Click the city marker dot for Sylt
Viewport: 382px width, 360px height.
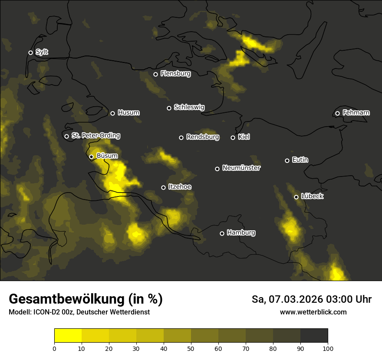click(x=30, y=53)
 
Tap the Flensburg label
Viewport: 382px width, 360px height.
click(x=175, y=74)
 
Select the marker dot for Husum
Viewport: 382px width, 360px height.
click(x=112, y=113)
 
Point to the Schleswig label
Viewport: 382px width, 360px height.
click(x=189, y=107)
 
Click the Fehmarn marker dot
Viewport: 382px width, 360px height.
click(x=337, y=114)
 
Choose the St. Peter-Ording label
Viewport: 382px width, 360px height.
click(x=95, y=136)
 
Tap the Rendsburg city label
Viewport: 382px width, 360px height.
click(x=202, y=137)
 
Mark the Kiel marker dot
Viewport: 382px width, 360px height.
click(x=233, y=137)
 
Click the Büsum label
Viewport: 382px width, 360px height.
click(x=107, y=156)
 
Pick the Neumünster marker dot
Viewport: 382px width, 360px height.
click(x=217, y=169)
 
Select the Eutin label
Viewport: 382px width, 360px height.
click(x=300, y=160)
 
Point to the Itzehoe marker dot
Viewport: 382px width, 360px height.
click(x=163, y=187)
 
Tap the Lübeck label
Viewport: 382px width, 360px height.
click(x=312, y=196)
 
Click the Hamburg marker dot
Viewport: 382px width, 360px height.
click(x=222, y=233)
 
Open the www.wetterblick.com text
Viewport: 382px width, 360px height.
click(x=313, y=312)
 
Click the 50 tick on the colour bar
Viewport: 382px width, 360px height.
click(x=191, y=348)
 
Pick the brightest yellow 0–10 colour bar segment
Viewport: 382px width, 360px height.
click(x=68, y=336)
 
